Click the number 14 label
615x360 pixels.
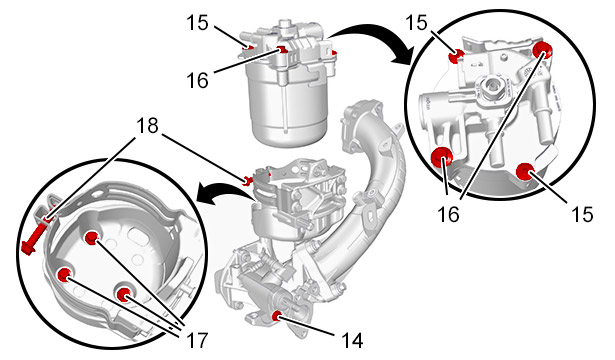[352, 340]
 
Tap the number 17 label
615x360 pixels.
[196, 340]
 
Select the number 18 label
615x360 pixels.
[147, 126]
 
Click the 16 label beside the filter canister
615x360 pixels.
[197, 80]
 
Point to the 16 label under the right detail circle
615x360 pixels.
[448, 214]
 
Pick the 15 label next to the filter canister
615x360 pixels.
[197, 22]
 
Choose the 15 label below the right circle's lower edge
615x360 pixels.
[582, 214]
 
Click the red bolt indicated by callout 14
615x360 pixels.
[277, 315]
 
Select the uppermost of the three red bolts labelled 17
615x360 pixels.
[92, 237]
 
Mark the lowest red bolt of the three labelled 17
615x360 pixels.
[124, 294]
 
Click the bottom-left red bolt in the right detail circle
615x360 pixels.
[442, 156]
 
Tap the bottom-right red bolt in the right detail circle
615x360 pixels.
[524, 172]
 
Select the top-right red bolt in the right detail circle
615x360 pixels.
[543, 49]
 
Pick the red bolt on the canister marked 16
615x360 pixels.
[281, 50]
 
